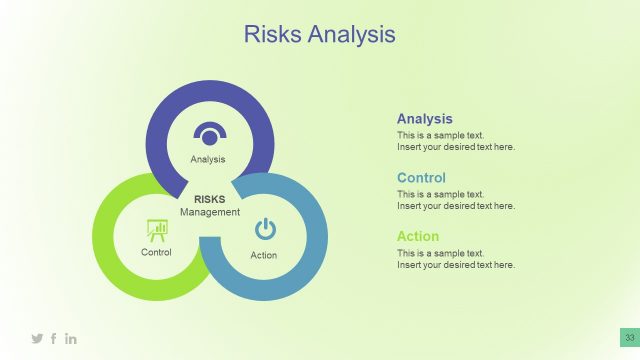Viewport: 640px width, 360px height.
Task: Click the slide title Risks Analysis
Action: click(320, 35)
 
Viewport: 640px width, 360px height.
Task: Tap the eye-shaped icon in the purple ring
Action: click(210, 134)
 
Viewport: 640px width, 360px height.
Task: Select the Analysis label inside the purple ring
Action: click(208, 159)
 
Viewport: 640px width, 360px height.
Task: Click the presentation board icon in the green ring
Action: click(157, 230)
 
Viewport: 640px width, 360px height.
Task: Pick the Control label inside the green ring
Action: click(156, 252)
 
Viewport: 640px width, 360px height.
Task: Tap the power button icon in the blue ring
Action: click(264, 230)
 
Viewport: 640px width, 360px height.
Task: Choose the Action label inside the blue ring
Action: click(264, 255)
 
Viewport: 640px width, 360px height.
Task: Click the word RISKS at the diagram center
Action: click(210, 199)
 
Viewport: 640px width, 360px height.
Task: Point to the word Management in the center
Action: click(210, 212)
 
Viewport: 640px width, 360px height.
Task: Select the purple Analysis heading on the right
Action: click(424, 118)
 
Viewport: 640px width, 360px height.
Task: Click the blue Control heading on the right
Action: click(421, 178)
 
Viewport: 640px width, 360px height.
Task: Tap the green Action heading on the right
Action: click(417, 237)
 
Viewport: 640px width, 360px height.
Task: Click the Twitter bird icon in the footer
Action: click(37, 339)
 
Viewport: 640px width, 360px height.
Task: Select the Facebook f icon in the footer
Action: click(54, 339)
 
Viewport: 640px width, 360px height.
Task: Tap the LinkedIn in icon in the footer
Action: click(71, 339)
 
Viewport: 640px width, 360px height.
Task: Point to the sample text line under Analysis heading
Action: click(440, 135)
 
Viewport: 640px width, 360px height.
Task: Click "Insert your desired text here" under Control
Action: click(455, 206)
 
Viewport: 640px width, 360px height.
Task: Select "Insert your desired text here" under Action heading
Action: click(455, 265)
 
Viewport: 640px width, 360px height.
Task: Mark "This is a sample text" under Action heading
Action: click(440, 253)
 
